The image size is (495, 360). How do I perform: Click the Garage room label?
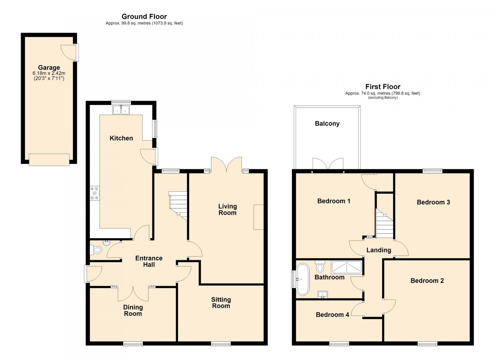click(x=49, y=68)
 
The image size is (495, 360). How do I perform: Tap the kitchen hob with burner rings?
click(x=95, y=193)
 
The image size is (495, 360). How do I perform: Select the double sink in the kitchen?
click(x=121, y=110)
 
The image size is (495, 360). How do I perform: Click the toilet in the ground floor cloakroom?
click(x=96, y=250)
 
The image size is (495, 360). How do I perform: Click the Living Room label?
click(x=227, y=209)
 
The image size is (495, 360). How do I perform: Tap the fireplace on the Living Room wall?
click(x=259, y=217)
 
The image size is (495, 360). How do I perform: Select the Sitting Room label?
click(x=221, y=303)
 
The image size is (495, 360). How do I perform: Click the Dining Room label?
click(x=133, y=310)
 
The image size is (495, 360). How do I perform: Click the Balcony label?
click(x=327, y=124)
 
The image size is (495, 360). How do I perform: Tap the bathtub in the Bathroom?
click(x=303, y=279)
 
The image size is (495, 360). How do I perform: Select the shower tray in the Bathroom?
click(x=347, y=267)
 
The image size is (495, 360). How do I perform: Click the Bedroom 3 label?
click(x=433, y=202)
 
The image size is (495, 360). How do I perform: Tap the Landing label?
click(x=379, y=250)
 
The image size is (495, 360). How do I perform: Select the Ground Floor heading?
click(x=144, y=17)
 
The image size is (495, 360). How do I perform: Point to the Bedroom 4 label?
click(x=332, y=315)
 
